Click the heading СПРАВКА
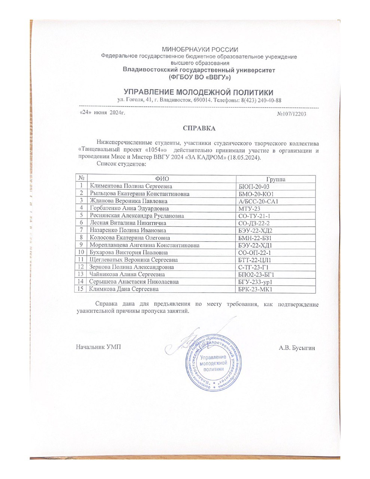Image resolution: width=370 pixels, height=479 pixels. (x=199, y=128)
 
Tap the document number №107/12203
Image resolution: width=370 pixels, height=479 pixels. (x=291, y=114)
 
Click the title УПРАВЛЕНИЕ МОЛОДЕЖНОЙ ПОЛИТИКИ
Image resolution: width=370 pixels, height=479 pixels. (x=199, y=92)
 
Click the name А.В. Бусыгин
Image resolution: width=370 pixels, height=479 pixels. (x=297, y=348)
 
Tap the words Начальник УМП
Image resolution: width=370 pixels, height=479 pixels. (x=99, y=348)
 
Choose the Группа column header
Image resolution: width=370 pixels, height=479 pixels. (x=276, y=179)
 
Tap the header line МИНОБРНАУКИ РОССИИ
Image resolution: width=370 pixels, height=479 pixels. (x=199, y=49)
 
